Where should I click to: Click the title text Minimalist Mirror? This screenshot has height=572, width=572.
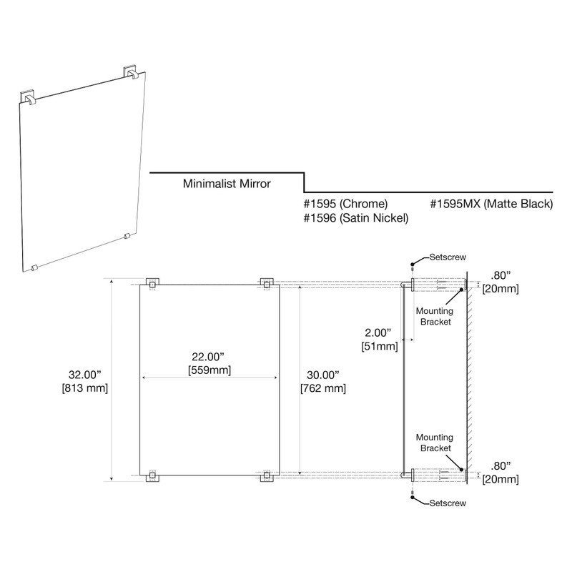coord(226,184)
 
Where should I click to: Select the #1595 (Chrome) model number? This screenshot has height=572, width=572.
coord(346,204)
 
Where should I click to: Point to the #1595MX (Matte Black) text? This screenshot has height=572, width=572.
coord(491,204)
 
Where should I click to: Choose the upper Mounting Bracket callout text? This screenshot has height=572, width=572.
coord(435,317)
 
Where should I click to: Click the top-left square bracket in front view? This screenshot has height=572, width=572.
coord(152,284)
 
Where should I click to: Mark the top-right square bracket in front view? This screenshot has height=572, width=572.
coord(267,284)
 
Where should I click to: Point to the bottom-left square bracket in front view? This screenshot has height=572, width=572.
coord(152,477)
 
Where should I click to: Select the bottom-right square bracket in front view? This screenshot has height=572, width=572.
coord(267,477)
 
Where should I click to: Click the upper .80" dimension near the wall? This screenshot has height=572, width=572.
coord(500,275)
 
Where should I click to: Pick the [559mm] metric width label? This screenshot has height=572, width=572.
coord(209,370)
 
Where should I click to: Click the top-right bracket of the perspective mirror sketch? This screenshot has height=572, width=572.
coord(132,73)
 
